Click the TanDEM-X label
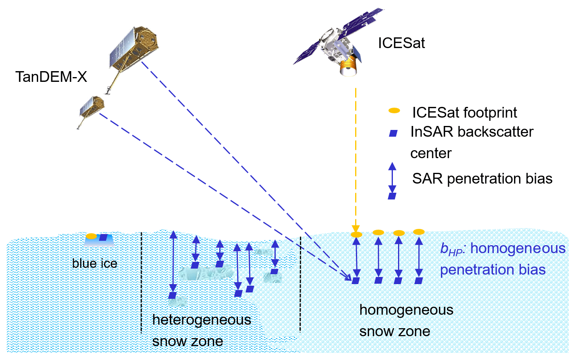click(x=51, y=77)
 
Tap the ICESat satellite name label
click(x=401, y=43)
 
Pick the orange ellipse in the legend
click(x=394, y=110)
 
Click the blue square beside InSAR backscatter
click(x=393, y=133)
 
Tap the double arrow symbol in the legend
click(x=392, y=177)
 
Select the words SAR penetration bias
click(x=482, y=179)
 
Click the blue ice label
click(x=95, y=263)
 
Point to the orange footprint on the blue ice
click(x=91, y=236)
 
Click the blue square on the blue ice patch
click(x=103, y=238)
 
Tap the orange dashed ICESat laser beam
click(x=356, y=159)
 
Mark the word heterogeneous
click(x=201, y=320)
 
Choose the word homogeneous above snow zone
click(x=406, y=310)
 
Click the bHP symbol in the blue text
click(x=452, y=250)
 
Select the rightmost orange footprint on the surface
click(x=419, y=232)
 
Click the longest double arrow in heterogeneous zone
click(x=173, y=262)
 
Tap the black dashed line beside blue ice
click(x=141, y=282)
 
